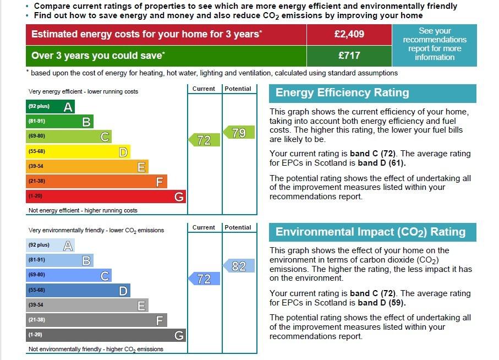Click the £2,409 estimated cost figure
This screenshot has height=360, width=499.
pyautogui.click(x=349, y=34)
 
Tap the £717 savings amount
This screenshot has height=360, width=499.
pyautogui.click(x=349, y=56)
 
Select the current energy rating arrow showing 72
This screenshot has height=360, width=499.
pyautogui.click(x=204, y=140)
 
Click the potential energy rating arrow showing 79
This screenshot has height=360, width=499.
pyautogui.click(x=239, y=133)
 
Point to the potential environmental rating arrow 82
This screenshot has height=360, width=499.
pyautogui.click(x=239, y=265)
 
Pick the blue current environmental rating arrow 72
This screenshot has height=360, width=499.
pyautogui.click(x=204, y=279)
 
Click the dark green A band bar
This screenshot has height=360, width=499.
pyautogui.click(x=50, y=107)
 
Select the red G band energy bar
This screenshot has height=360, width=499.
pyautogui.click(x=106, y=196)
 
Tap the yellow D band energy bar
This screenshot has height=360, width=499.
pyautogui.click(x=78, y=151)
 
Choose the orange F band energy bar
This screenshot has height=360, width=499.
pyautogui.click(x=96, y=182)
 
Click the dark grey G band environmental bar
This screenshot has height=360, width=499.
pyautogui.click(x=106, y=335)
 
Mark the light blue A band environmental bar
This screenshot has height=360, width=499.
pyautogui.click(x=50, y=245)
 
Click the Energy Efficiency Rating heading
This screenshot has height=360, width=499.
pyautogui.click(x=342, y=92)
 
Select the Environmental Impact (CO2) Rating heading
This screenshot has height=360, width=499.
pyautogui.click(x=370, y=232)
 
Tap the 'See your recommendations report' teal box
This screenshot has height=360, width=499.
pyautogui.click(x=435, y=45)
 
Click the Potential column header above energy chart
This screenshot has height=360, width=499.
pyautogui.click(x=238, y=89)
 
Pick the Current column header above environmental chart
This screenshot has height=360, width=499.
pyautogui.click(x=204, y=227)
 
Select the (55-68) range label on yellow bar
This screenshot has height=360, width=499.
pyautogui.click(x=37, y=151)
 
